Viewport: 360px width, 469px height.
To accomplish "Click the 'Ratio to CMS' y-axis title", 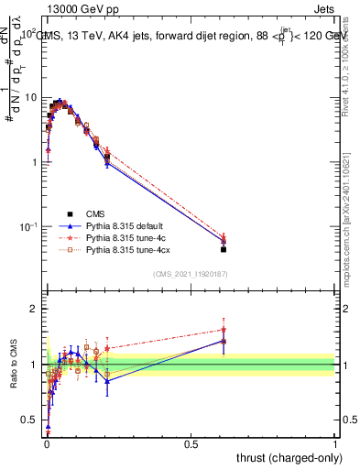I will pos(12,365).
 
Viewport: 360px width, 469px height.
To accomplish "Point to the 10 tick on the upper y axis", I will pos(31,98).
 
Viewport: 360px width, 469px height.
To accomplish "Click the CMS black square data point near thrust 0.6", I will pos(224,249).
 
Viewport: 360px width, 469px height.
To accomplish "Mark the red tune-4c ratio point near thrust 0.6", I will pos(224,330).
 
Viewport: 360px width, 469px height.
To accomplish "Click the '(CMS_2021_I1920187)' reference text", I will pos(191,273).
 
